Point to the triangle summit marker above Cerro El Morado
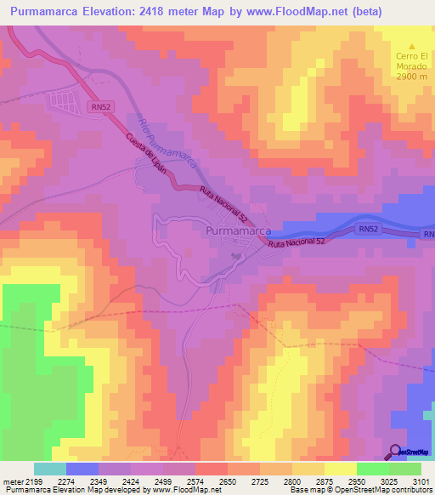(x=412, y=46)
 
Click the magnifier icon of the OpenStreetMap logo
(x=396, y=451)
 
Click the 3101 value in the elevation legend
(x=421, y=482)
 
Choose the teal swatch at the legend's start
(x=50, y=469)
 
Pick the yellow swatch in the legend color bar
(x=341, y=469)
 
